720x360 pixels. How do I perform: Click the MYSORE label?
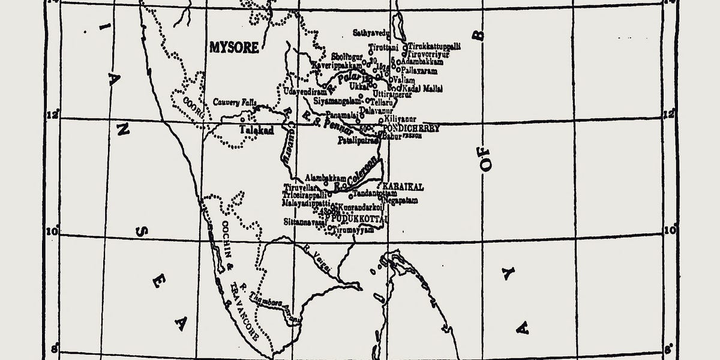[x=233, y=47]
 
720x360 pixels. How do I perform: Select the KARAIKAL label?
[x=403, y=187]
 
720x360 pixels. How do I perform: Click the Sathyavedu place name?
[x=371, y=32]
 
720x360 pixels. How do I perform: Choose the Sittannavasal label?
[x=305, y=222]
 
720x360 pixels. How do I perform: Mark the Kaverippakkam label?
[x=337, y=65]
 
